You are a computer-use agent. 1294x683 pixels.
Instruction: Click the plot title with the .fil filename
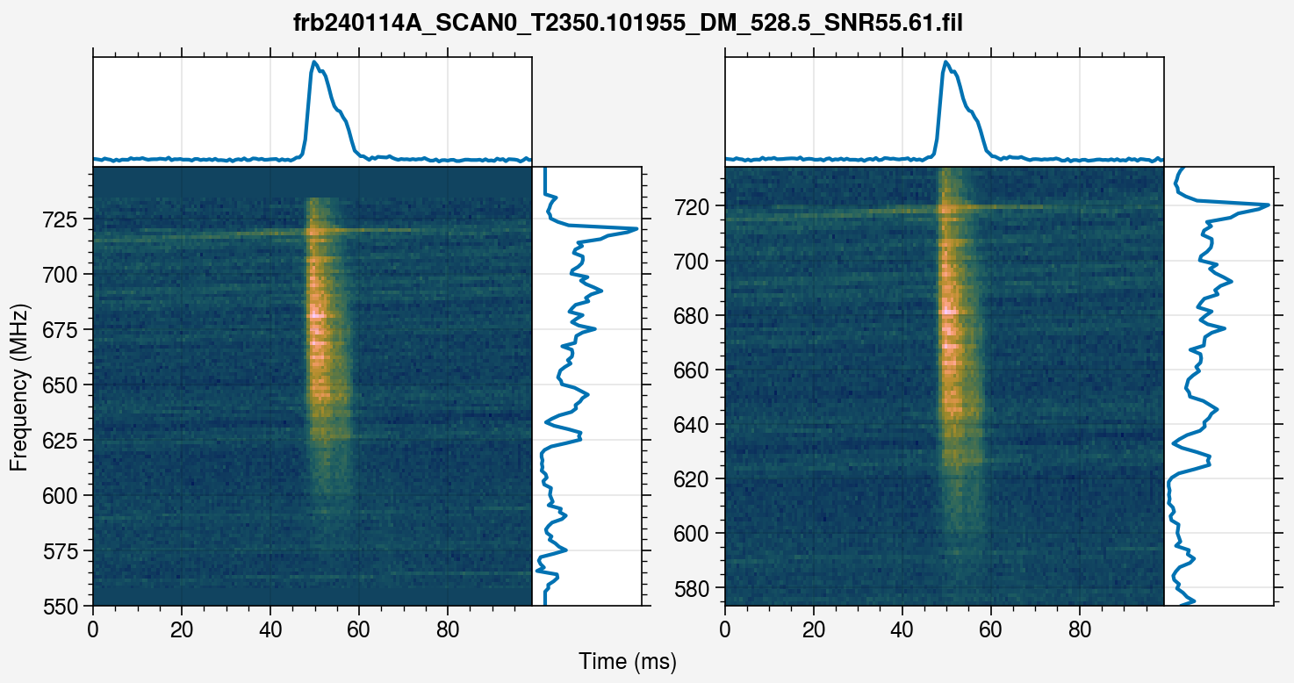click(x=628, y=24)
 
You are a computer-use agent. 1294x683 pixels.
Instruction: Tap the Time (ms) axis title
click(x=628, y=662)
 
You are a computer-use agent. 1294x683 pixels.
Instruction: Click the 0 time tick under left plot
click(x=93, y=629)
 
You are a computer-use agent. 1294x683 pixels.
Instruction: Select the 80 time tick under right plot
click(x=1080, y=629)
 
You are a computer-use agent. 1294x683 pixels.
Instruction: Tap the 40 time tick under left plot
click(x=270, y=629)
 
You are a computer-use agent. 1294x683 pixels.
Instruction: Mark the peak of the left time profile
click(x=314, y=62)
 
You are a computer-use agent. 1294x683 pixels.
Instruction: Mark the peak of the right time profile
click(x=945, y=62)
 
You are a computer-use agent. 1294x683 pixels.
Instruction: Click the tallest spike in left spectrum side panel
click(x=635, y=229)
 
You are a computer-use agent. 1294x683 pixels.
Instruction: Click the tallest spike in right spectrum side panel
click(x=1268, y=205)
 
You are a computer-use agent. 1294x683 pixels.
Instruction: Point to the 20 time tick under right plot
click(x=814, y=629)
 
